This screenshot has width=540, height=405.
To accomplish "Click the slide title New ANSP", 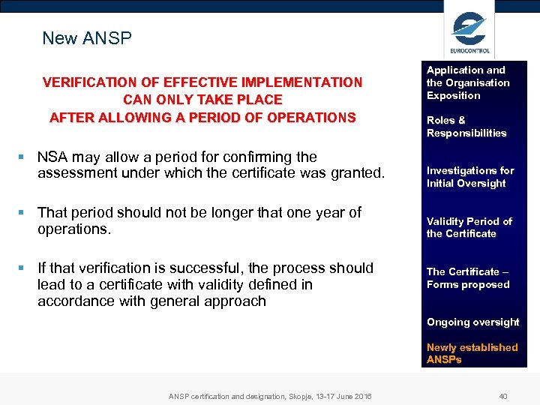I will point(87,38).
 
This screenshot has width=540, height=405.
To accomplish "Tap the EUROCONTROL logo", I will point(469,33).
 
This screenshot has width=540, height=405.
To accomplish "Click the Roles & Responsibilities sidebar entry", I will point(466,127).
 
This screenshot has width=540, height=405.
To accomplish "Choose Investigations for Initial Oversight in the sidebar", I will point(470,177).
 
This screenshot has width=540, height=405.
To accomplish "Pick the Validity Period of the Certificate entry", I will point(469,227).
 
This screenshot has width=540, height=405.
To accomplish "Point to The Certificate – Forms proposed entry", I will point(468,278).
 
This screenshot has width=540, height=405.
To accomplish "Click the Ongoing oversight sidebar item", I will point(472,322).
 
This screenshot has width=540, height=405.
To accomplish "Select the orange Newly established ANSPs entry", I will point(472,353).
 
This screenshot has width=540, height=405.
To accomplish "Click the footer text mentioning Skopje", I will point(269,396).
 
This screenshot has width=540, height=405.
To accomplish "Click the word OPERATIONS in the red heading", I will point(312,118).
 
